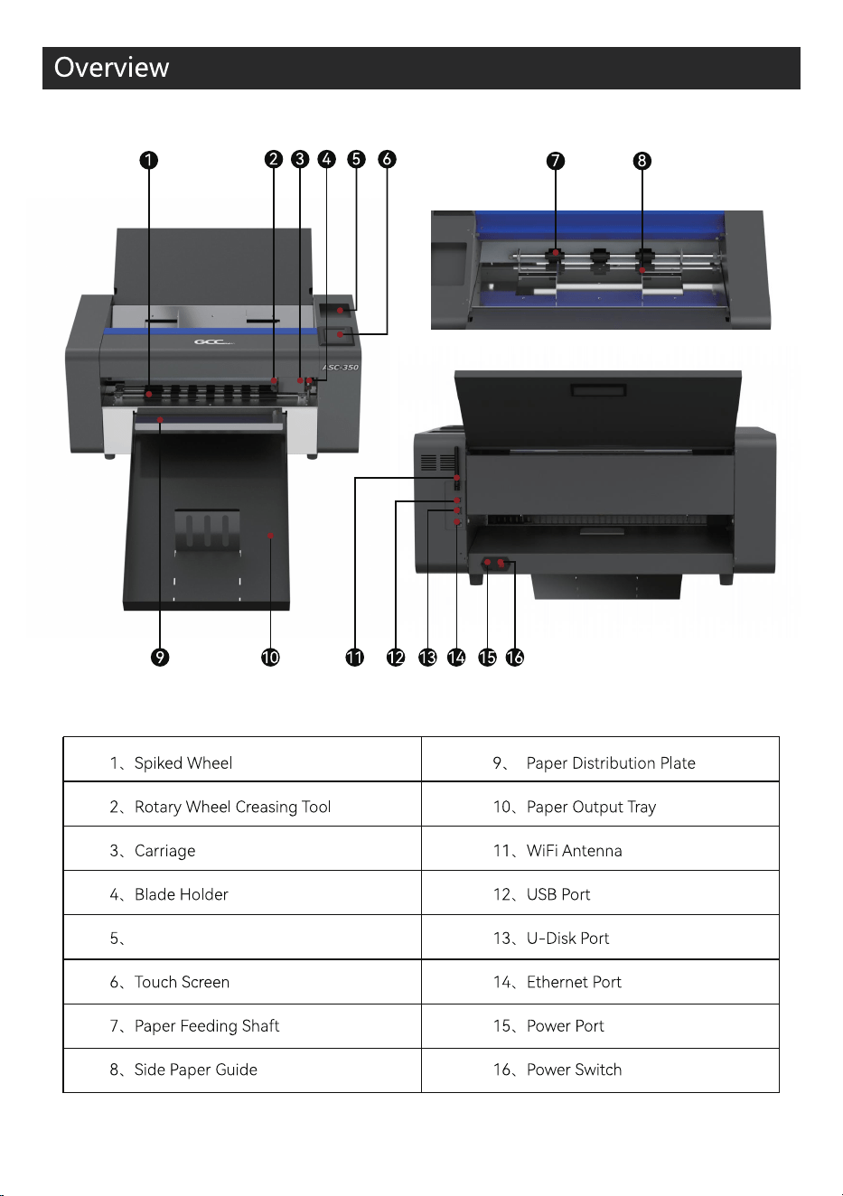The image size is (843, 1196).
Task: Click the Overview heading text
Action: click(111, 67)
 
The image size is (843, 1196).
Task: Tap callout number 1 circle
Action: click(148, 160)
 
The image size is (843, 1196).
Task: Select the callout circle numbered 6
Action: click(387, 159)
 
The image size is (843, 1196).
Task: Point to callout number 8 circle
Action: click(642, 161)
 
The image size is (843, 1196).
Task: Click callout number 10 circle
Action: click(270, 658)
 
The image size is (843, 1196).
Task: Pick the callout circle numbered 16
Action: click(514, 658)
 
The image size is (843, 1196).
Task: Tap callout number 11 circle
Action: click(355, 658)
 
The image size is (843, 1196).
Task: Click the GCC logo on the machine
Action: click(214, 341)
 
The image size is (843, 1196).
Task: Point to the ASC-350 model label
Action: click(341, 368)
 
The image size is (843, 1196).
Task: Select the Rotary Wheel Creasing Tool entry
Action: click(220, 807)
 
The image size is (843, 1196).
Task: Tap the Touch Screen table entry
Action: click(169, 982)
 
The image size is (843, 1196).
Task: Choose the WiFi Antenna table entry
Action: click(557, 851)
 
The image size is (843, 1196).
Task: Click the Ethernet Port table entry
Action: click(557, 982)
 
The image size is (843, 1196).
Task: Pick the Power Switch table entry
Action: click(557, 1070)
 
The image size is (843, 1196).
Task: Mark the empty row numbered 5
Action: click(242, 938)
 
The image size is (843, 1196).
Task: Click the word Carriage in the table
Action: click(164, 851)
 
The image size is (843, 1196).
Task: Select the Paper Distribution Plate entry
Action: click(594, 763)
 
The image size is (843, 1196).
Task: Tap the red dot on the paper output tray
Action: click(271, 536)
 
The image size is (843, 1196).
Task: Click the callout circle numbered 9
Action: click(160, 658)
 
